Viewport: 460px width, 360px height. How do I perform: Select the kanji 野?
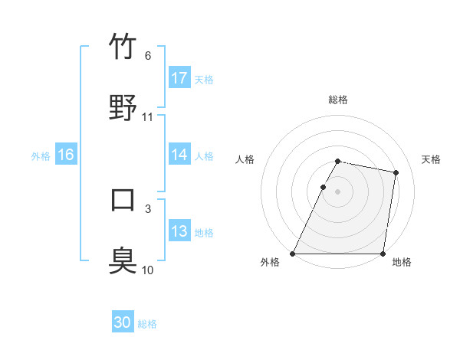tap(123, 107)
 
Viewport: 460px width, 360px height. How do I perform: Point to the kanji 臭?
tap(123, 260)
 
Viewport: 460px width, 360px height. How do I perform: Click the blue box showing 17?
tap(179, 78)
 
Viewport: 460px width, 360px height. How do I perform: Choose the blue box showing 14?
tap(179, 155)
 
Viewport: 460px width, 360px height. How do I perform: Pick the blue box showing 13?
tap(179, 231)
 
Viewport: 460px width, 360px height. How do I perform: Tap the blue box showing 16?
tap(66, 155)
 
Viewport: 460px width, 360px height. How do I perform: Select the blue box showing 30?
tap(123, 322)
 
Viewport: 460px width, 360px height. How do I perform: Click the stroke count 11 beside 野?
tap(148, 117)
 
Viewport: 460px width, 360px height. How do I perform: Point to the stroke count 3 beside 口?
tap(148, 208)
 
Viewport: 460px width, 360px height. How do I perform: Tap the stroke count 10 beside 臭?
tap(148, 270)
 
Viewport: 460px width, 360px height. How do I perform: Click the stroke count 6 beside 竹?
tap(148, 56)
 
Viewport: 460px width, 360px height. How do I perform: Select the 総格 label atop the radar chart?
tap(337, 100)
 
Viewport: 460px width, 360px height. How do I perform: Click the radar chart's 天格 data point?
tap(396, 173)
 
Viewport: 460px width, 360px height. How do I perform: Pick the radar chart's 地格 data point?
tap(383, 254)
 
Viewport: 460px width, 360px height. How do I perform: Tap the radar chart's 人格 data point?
tap(323, 187)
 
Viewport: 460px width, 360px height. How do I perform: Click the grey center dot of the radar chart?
tap(337, 191)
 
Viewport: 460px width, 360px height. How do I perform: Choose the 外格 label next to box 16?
tap(41, 156)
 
